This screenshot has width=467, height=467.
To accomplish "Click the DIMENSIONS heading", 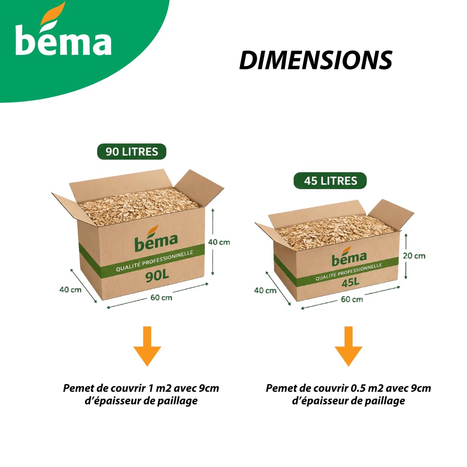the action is coord(316,60).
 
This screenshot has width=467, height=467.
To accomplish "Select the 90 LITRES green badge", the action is coord(131,152).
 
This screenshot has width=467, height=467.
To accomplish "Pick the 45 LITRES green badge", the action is coord(330,180).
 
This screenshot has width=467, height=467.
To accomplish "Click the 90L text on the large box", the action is coord(157,276).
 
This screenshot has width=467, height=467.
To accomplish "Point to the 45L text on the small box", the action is coord(351,282).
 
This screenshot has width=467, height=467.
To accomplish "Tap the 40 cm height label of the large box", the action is coord(219,242).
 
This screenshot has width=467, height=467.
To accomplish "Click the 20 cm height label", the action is coord(414,256).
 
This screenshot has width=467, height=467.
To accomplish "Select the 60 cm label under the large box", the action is coord(161,297).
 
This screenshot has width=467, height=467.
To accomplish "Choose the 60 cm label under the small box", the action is coord(352,299).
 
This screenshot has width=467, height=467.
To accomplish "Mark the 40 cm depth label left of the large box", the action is coord(70,289).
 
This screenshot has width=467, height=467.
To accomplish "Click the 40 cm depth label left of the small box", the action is coord(265,291).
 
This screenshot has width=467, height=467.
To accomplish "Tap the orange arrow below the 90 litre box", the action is coord(147,346).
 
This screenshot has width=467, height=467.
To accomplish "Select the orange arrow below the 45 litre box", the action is coord(349,346).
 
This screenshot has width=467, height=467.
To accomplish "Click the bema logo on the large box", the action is coord(156,238).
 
